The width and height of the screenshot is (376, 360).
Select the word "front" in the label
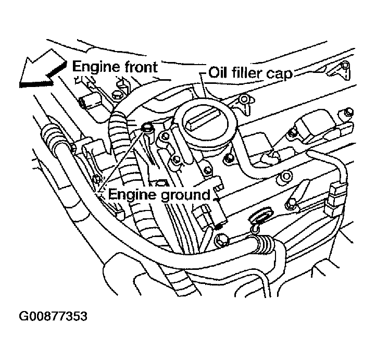(x=141, y=67)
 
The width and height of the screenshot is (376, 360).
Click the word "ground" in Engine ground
(x=185, y=195)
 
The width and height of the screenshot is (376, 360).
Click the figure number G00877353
(x=53, y=316)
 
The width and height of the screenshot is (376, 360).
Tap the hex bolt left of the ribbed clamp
(x=220, y=240)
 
